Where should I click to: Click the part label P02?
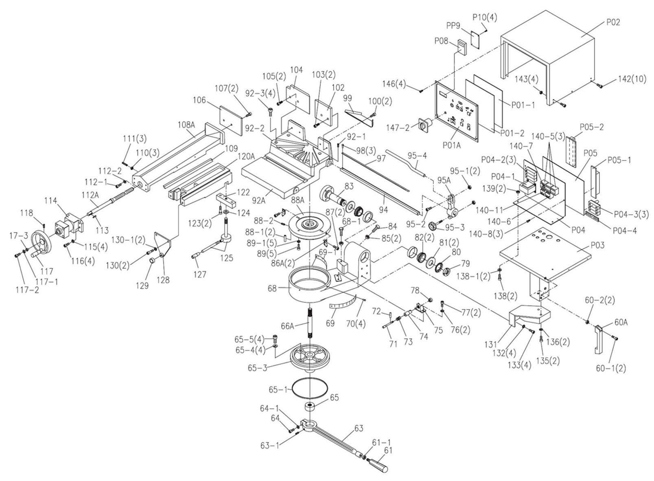click(x=613, y=22)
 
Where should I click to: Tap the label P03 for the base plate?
click(x=597, y=245)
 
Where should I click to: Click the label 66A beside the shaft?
click(x=287, y=326)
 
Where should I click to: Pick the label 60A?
click(x=621, y=323)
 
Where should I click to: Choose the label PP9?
click(x=453, y=26)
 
